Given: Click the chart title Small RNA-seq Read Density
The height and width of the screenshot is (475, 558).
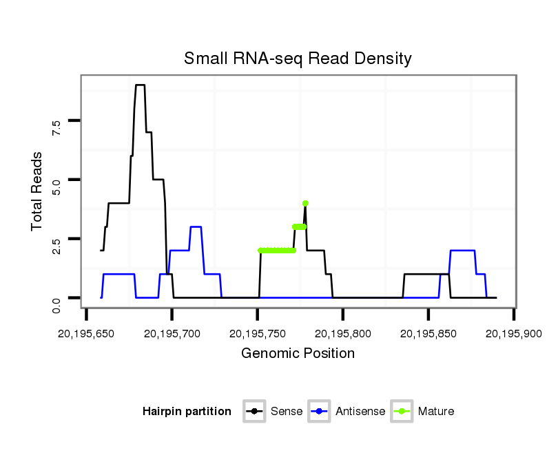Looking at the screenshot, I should (x=298, y=59).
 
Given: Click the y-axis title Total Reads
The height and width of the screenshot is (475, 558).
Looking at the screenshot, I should (x=38, y=191).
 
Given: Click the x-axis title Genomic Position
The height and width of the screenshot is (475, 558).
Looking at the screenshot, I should (x=298, y=354).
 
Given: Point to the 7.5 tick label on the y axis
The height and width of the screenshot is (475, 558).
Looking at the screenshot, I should (x=56, y=127).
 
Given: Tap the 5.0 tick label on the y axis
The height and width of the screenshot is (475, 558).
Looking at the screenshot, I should (x=56, y=186).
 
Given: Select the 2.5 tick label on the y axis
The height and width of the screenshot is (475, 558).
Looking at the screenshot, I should (x=56, y=245).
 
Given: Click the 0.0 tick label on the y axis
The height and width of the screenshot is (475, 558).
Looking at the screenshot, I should (x=56, y=304).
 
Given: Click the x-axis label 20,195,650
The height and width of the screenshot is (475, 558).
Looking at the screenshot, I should (x=85, y=333).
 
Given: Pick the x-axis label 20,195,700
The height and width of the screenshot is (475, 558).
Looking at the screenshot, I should (x=172, y=333).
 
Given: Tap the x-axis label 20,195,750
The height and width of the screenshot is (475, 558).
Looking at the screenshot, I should (x=257, y=333).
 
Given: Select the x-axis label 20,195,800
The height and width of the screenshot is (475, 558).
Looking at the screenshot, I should (x=343, y=333).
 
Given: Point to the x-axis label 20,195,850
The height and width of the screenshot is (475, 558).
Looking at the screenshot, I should (x=428, y=333).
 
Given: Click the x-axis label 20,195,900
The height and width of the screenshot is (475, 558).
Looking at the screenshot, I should (x=514, y=333).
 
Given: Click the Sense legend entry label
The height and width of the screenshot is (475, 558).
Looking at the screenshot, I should (x=286, y=412).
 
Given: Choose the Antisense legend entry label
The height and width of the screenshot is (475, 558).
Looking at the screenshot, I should (x=360, y=412).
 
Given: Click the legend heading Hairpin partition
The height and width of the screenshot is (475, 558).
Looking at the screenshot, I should (x=187, y=412).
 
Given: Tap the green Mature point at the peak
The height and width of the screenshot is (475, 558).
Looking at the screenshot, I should (x=305, y=203).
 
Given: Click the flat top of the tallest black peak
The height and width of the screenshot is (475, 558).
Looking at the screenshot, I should (x=140, y=85).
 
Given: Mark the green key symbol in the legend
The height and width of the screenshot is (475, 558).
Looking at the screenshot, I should (x=402, y=412).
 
